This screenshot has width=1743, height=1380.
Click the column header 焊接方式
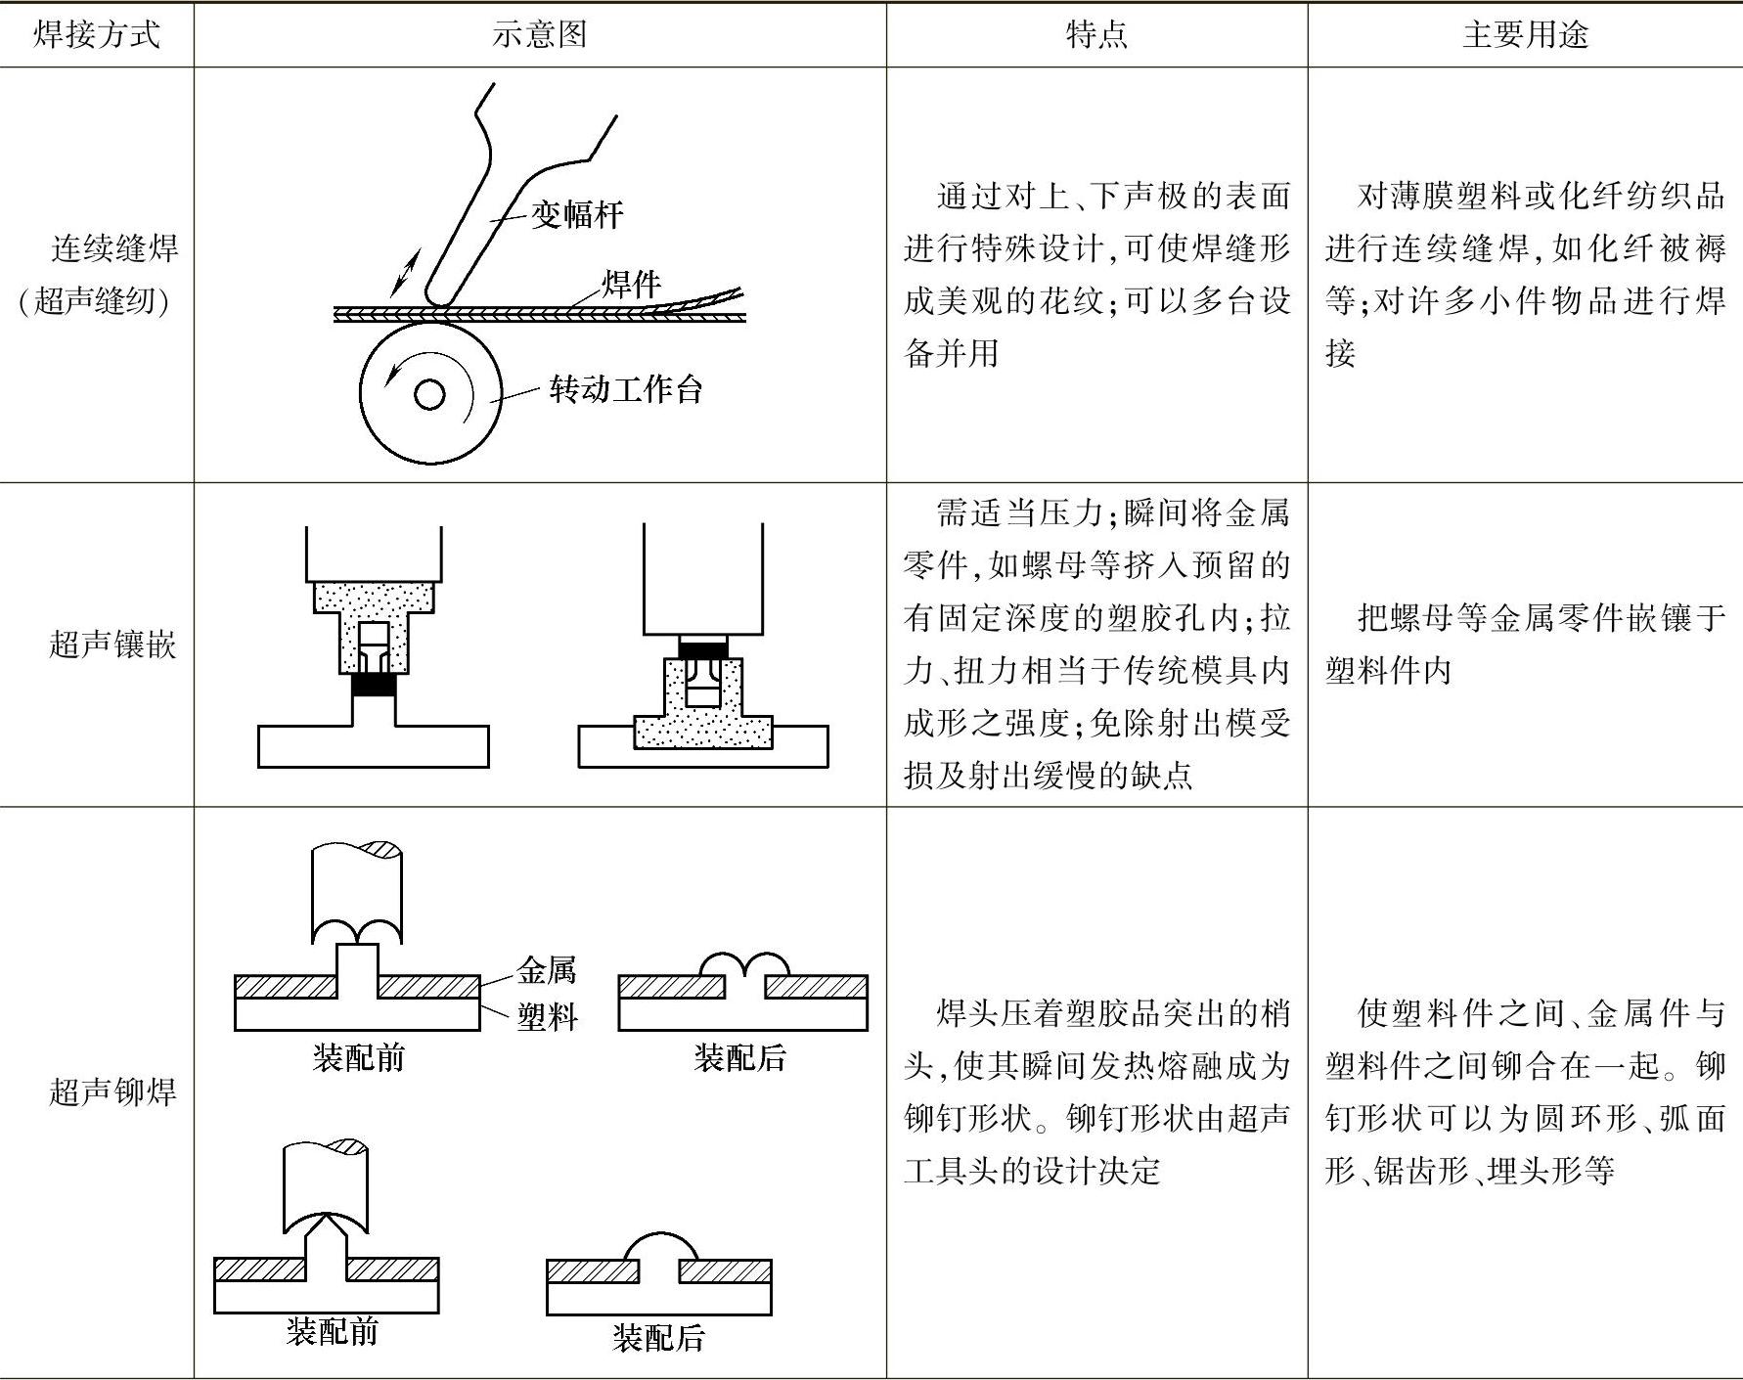pyautogui.click(x=96, y=35)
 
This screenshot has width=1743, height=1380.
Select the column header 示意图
pyautogui.click(x=539, y=35)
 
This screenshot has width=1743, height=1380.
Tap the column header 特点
pyautogui.click(x=1095, y=35)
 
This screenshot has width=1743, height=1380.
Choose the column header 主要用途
pyautogui.click(x=1525, y=35)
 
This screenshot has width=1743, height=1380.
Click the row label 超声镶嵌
pyautogui.click(x=112, y=645)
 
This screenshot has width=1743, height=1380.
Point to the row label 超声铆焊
pyautogui.click(x=112, y=1091)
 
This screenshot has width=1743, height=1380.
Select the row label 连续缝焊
pyautogui.click(x=114, y=248)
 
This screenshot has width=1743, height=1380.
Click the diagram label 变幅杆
pyautogui.click(x=577, y=214)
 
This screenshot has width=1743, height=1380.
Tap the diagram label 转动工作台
pyautogui.click(x=626, y=389)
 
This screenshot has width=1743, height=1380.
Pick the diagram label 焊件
pyautogui.click(x=631, y=284)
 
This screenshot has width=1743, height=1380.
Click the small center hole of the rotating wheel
pyautogui.click(x=429, y=394)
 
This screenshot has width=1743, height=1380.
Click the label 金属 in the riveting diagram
pyautogui.click(x=547, y=970)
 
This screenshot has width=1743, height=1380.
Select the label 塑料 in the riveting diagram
pyautogui.click(x=547, y=1017)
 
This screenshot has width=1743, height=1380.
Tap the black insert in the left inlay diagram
pyautogui.click(x=375, y=685)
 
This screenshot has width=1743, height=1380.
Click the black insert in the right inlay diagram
pyautogui.click(x=703, y=648)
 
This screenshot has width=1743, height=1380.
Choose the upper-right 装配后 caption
pyautogui.click(x=739, y=1057)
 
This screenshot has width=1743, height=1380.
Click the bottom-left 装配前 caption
pyautogui.click(x=332, y=1331)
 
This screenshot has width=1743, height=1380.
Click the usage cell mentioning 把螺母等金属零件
pyautogui.click(x=1525, y=644)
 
